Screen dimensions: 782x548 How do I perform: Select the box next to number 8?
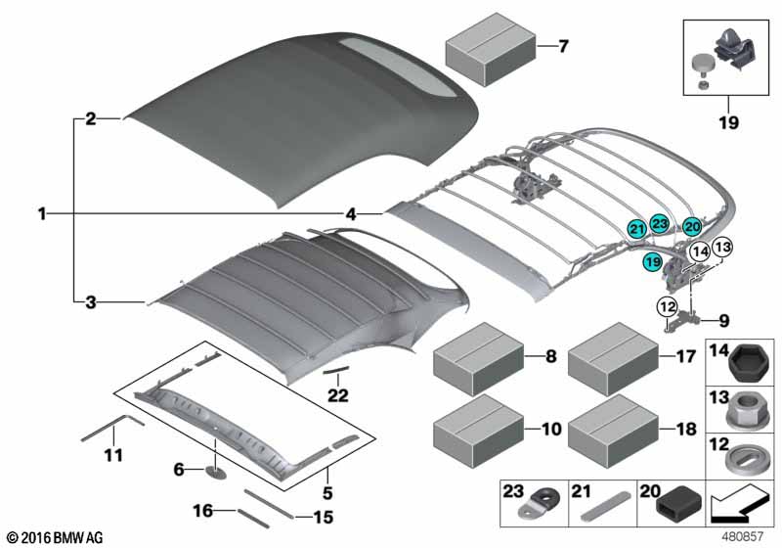coord(476,358)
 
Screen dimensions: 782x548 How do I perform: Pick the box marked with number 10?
coord(476,428)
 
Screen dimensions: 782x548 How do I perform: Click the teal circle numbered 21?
coord(636,228)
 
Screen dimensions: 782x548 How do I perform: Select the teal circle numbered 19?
coord(652,261)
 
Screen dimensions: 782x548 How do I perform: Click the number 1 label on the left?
coord(42,212)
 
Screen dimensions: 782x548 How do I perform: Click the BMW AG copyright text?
coord(54,537)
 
